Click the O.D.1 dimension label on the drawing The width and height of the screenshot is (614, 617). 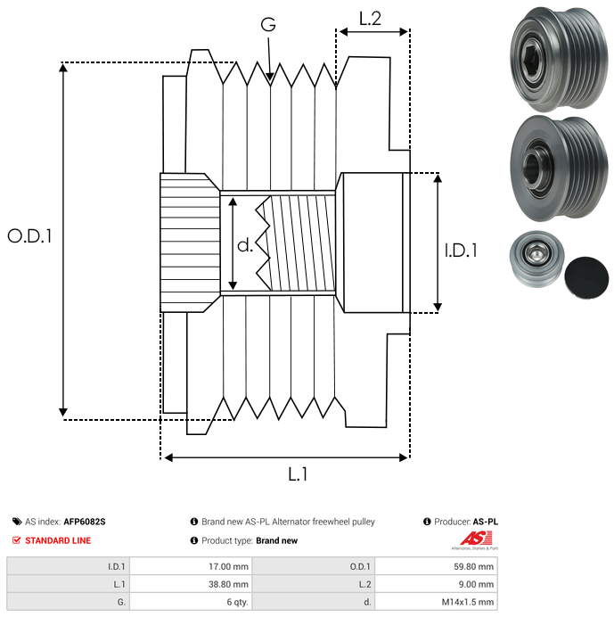point(30,236)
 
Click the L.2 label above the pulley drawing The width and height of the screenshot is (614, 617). point(370,18)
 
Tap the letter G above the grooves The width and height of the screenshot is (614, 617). point(268,24)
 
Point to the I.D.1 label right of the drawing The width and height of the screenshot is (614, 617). point(461,251)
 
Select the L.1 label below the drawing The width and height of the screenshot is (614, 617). point(298,474)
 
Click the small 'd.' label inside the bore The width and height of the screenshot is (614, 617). point(245,245)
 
